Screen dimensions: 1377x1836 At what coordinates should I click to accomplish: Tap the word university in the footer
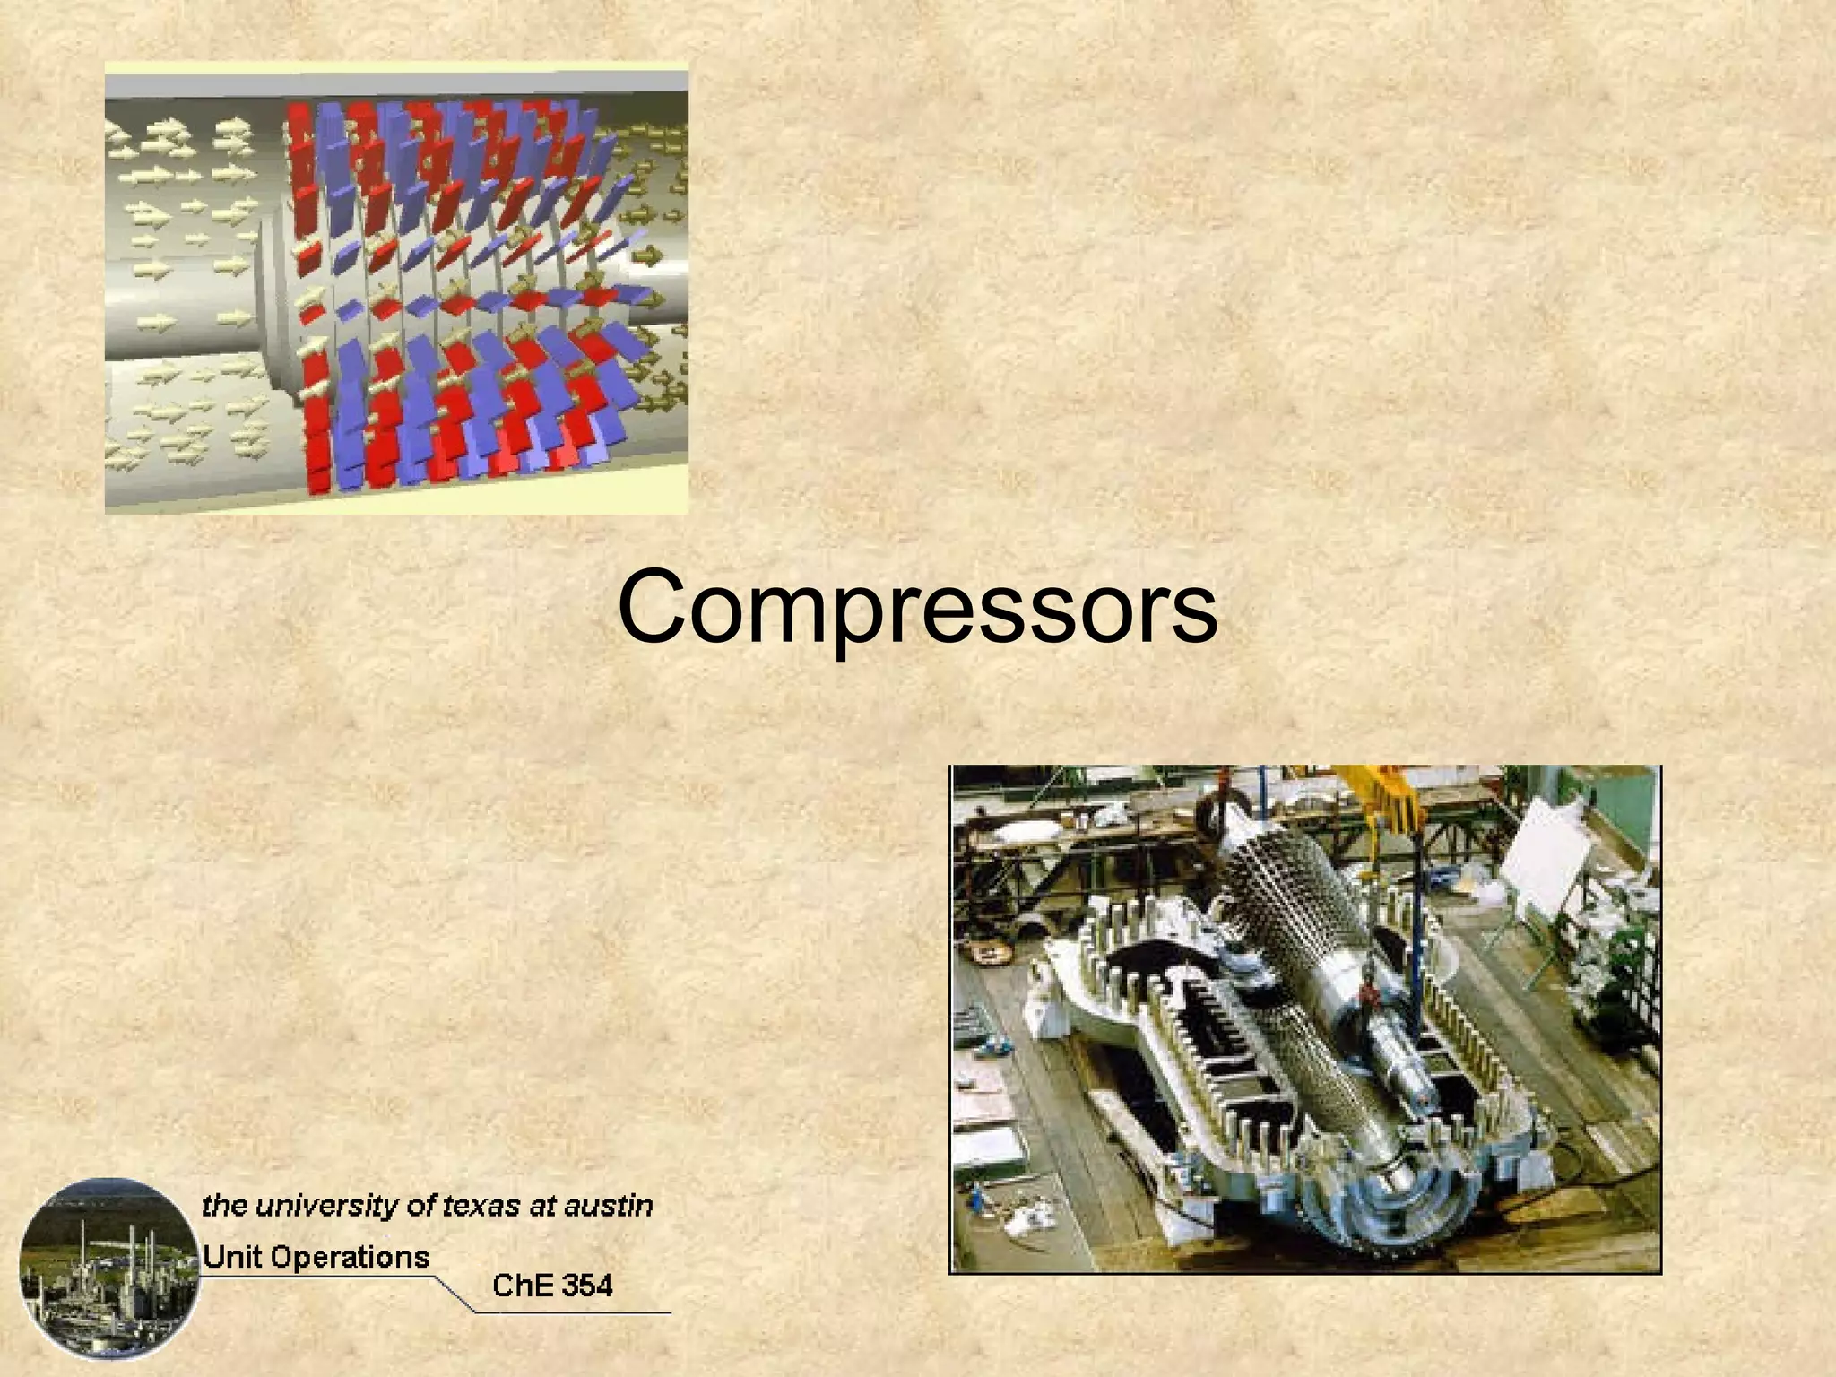(x=325, y=1205)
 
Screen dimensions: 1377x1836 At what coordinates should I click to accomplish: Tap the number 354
(x=584, y=1286)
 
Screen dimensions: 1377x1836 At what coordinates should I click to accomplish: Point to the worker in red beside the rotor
(x=1366, y=990)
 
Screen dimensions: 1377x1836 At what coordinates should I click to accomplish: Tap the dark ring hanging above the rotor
(x=1215, y=811)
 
